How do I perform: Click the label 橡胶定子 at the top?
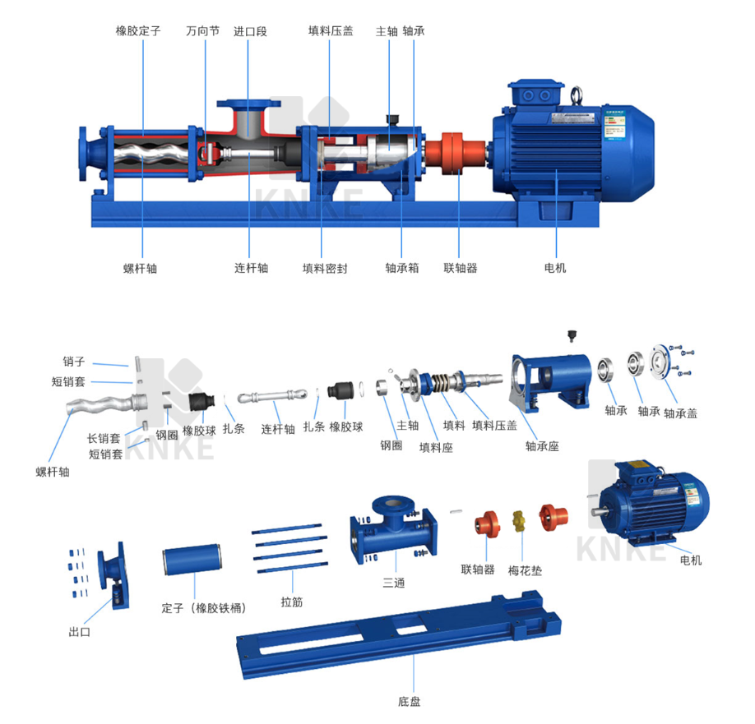138,31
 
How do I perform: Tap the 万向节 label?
202,31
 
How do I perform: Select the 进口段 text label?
250,32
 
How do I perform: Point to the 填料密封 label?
325,269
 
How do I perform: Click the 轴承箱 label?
402,268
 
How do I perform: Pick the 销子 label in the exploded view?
74,362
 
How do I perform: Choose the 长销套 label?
104,438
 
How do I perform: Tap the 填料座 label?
436,447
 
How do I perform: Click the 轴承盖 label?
680,413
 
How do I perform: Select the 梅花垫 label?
525,571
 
